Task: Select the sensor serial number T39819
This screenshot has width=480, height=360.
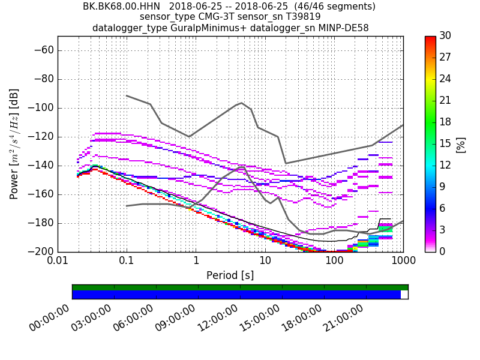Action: [298, 17]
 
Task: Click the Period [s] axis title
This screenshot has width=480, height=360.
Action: [230, 275]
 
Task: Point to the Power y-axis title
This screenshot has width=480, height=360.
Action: [14, 144]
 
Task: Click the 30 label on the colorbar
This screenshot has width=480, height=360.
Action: [445, 36]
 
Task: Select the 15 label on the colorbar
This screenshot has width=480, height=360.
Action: [445, 143]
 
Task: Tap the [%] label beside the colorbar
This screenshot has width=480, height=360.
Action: [461, 144]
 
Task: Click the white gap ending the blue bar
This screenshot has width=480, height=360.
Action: [404, 295]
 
